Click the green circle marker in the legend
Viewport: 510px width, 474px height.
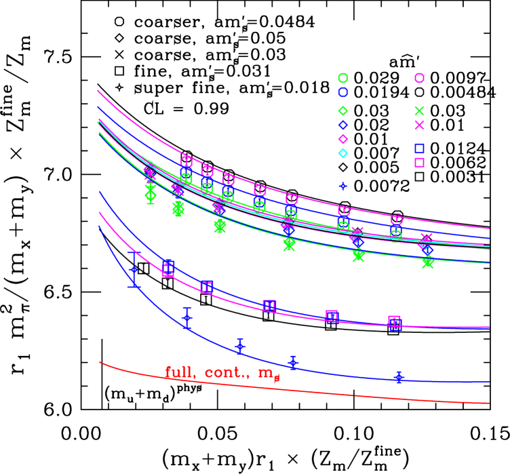(x=343, y=78)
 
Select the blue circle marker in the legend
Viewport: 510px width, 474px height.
(x=343, y=92)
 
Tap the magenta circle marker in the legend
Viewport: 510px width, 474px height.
(x=419, y=78)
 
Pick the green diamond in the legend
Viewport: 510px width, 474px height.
(x=343, y=111)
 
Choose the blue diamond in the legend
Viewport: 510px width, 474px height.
(x=343, y=125)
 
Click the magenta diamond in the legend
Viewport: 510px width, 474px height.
(x=343, y=138)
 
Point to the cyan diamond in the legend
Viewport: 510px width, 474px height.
(x=343, y=153)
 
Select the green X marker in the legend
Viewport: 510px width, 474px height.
(x=419, y=111)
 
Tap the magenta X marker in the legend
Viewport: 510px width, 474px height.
(x=419, y=125)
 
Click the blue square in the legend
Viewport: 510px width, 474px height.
(x=419, y=149)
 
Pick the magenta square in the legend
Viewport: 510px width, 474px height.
(x=419, y=162)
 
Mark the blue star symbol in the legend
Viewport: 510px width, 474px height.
(x=343, y=186)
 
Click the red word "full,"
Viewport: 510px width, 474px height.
(x=178, y=372)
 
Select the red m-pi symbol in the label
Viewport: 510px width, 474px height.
(x=269, y=374)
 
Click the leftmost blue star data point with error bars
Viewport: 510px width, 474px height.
(x=134, y=270)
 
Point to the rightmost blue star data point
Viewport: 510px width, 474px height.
(x=399, y=377)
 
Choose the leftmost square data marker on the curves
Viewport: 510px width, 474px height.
(x=168, y=268)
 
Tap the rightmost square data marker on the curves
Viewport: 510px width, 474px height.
(x=395, y=323)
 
